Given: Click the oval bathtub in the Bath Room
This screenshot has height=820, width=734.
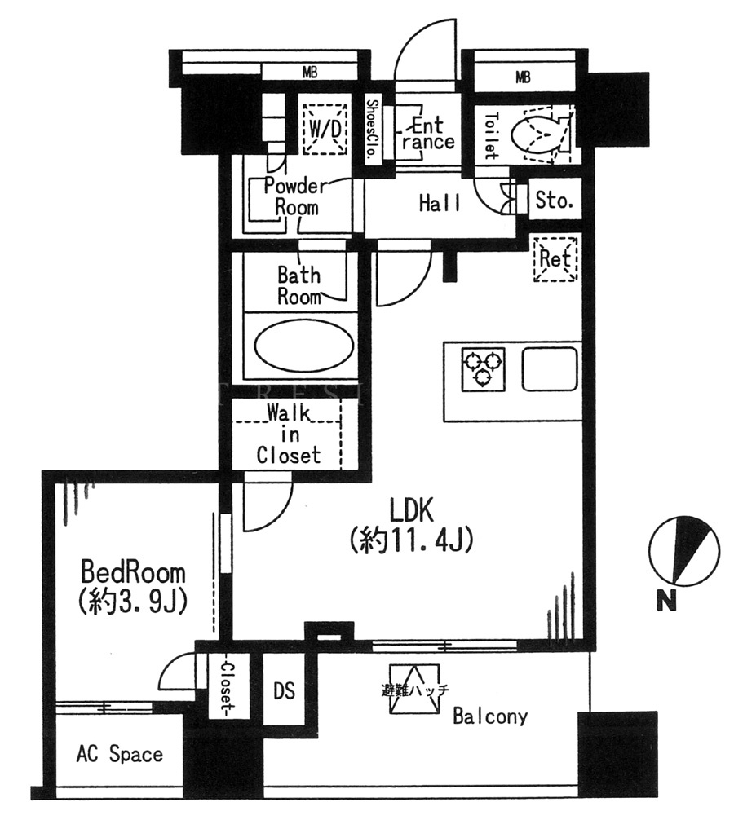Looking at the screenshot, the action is pyautogui.click(x=303, y=346).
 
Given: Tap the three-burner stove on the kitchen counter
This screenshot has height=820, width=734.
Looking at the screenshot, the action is pyautogui.click(x=484, y=369).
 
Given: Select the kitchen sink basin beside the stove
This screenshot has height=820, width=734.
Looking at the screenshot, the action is pyautogui.click(x=550, y=369).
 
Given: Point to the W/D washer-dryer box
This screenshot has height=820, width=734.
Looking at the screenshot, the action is pyautogui.click(x=325, y=129).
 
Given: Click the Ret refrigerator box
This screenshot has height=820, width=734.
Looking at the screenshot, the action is pyautogui.click(x=555, y=259).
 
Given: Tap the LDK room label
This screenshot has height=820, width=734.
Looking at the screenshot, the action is pyautogui.click(x=411, y=510).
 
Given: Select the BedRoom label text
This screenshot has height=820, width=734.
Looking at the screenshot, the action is pyautogui.click(x=133, y=572).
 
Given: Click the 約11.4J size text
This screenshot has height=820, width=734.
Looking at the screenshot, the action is pyautogui.click(x=411, y=540).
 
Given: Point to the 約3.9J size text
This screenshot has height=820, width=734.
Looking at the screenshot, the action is pyautogui.click(x=132, y=602).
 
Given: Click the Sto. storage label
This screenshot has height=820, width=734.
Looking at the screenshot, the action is pyautogui.click(x=554, y=201).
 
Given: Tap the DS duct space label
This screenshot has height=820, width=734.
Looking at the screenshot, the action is pyautogui.click(x=284, y=690).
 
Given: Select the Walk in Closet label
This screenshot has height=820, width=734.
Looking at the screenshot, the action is pyautogui.click(x=289, y=434).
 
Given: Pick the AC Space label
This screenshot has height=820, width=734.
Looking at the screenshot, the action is pyautogui.click(x=119, y=754).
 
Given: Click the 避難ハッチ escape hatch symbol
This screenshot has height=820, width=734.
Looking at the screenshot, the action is pyautogui.click(x=415, y=690).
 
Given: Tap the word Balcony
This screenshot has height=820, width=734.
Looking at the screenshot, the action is pyautogui.click(x=490, y=716).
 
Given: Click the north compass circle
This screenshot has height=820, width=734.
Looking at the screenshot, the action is pyautogui.click(x=683, y=551).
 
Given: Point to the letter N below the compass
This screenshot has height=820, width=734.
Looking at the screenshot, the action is pyautogui.click(x=667, y=600).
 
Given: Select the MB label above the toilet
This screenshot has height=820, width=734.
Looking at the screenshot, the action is pyautogui.click(x=523, y=78).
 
